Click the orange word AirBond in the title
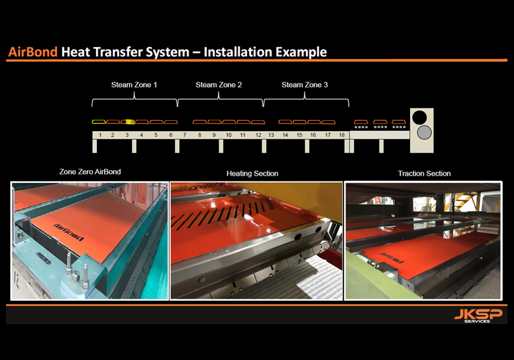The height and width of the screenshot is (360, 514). tap(33, 52)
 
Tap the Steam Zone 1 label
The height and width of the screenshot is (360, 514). tap(134, 85)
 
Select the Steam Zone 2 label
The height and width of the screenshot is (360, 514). tap(218, 85)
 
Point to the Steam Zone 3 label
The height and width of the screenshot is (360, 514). tap(304, 85)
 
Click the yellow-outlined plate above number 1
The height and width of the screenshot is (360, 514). tap(99, 122)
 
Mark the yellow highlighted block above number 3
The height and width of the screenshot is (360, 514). tap(130, 122)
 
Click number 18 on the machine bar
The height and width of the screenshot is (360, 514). tap(342, 135)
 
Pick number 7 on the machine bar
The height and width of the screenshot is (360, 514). tap(185, 135)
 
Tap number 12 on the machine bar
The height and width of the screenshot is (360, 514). tap(259, 135)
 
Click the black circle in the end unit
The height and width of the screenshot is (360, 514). tap(419, 117)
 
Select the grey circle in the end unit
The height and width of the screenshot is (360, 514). tap(424, 133)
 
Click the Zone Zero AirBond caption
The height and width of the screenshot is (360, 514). tap(90, 172)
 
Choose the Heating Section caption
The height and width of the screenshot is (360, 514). tap(252, 173)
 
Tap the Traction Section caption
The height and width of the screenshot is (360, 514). tap(424, 173)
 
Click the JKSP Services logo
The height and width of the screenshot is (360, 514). tap(478, 316)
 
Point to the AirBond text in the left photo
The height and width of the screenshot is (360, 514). tap(68, 232)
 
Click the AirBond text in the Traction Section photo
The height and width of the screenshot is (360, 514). tap(391, 258)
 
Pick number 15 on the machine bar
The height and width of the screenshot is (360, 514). tap(299, 135)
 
